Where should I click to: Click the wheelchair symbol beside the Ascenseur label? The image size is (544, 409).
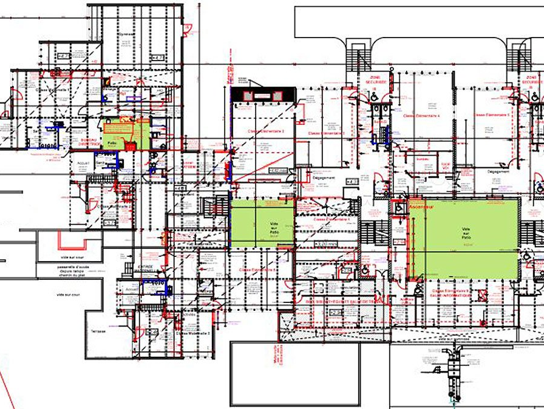tap(399, 207)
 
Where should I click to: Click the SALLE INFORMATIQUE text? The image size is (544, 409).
tap(453, 296)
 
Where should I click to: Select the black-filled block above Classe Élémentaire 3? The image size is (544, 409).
tap(263, 95)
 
